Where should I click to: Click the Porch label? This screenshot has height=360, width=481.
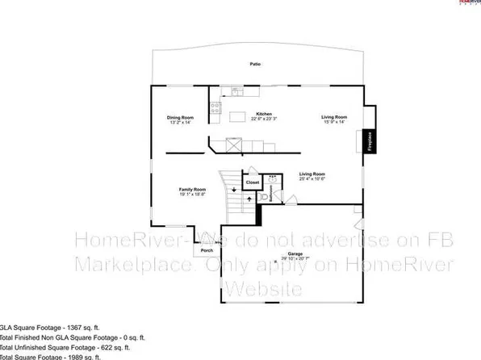[207, 250]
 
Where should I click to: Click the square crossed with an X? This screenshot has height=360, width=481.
[235, 145]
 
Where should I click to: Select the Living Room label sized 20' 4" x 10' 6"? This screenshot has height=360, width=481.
[312, 176]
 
